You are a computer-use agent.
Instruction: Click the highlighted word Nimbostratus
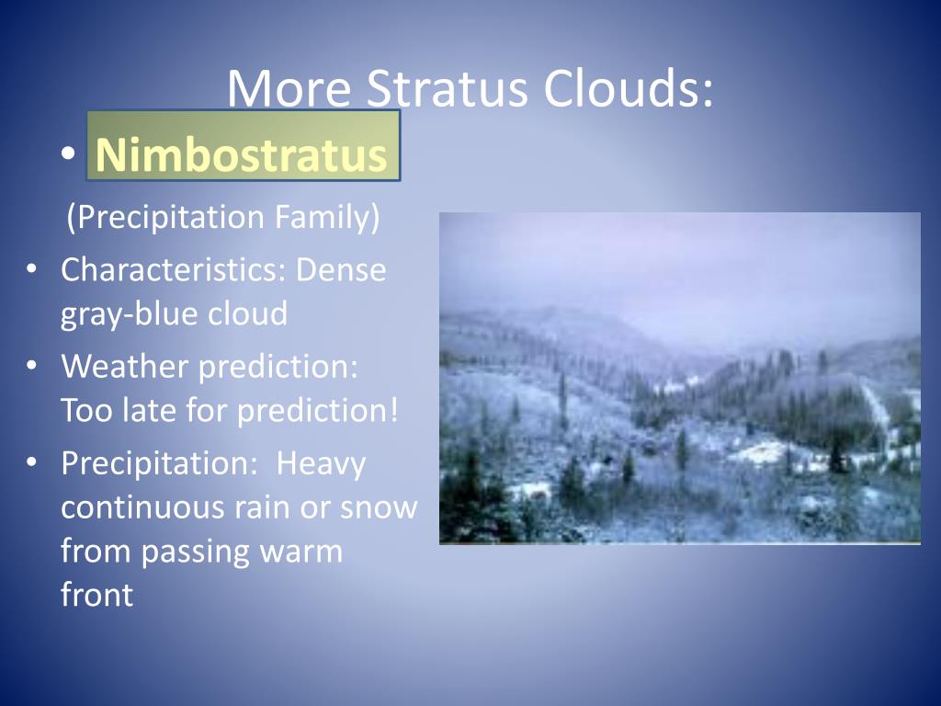click(x=242, y=154)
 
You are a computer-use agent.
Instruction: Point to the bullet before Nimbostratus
click(x=68, y=154)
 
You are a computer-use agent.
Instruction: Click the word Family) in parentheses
click(x=327, y=217)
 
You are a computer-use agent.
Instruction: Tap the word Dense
click(x=341, y=269)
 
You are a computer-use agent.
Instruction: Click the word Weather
click(x=125, y=366)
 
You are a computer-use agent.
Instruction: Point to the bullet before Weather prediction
click(x=32, y=364)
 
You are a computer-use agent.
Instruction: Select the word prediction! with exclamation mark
click(x=317, y=411)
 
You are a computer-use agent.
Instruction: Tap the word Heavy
click(x=321, y=464)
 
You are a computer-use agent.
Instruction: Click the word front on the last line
click(x=96, y=595)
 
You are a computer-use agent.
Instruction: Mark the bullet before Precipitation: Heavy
click(x=32, y=462)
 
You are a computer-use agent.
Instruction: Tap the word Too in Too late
click(x=86, y=411)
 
